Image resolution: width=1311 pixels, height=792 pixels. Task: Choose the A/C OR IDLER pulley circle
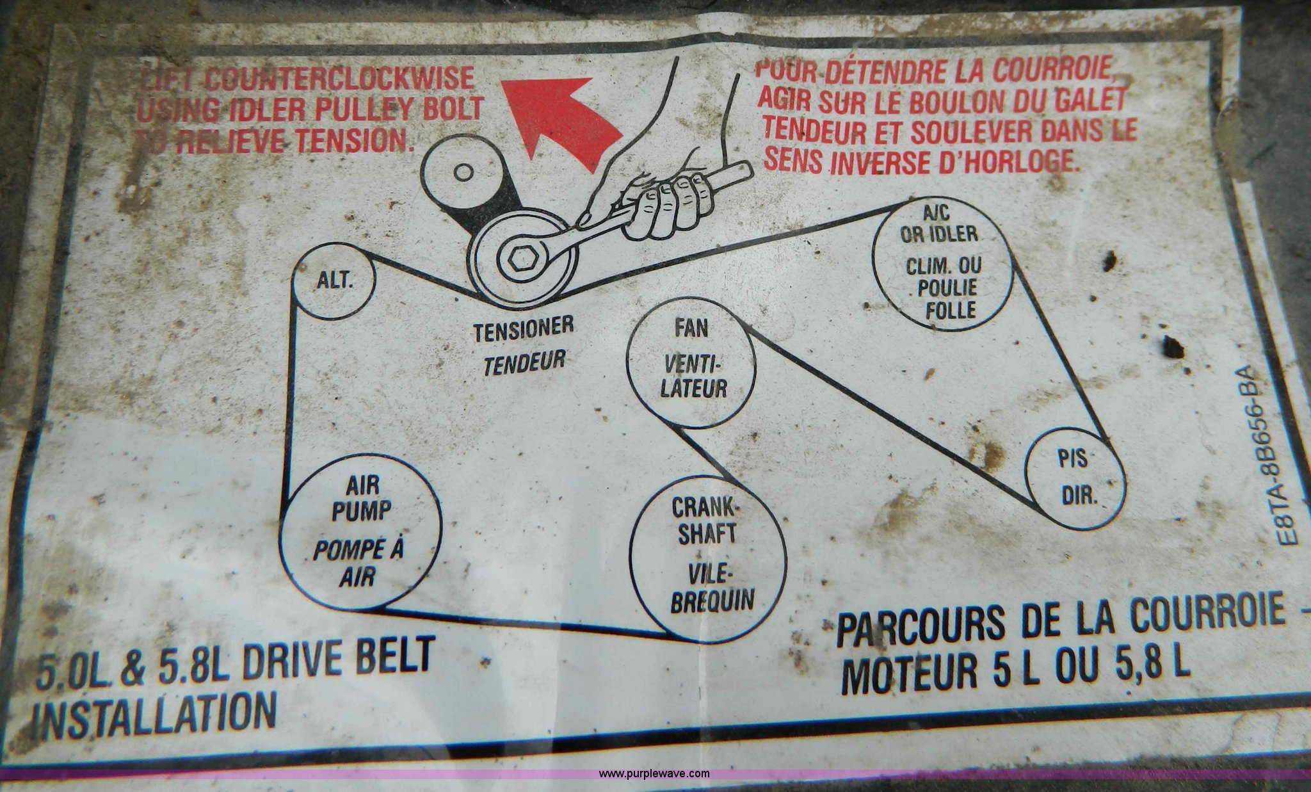(x=875, y=263)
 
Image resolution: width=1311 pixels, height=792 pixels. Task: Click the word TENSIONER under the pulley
(x=523, y=330)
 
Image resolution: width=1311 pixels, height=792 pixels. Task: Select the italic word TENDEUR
(x=524, y=363)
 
